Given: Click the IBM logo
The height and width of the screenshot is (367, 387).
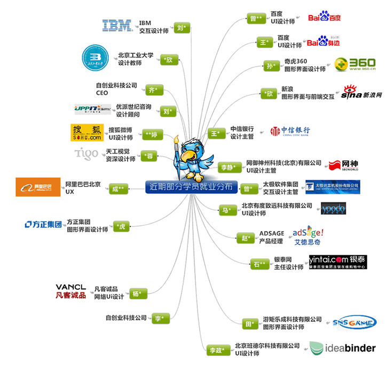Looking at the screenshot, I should coord(117,25).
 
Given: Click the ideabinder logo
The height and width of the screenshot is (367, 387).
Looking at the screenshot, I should coord(343,348).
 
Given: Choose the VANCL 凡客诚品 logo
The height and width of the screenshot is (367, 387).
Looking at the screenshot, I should coord(70,291).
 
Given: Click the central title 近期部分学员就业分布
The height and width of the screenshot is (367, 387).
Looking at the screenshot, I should coord(189,187).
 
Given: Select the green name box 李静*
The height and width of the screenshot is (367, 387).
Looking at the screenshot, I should coord(230,167).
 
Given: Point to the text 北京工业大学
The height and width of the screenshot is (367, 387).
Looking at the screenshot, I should coord(136,54).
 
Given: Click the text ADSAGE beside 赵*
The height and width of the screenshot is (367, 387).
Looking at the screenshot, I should coord(272,233).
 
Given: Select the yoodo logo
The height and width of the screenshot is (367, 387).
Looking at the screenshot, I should coord(333,208).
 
